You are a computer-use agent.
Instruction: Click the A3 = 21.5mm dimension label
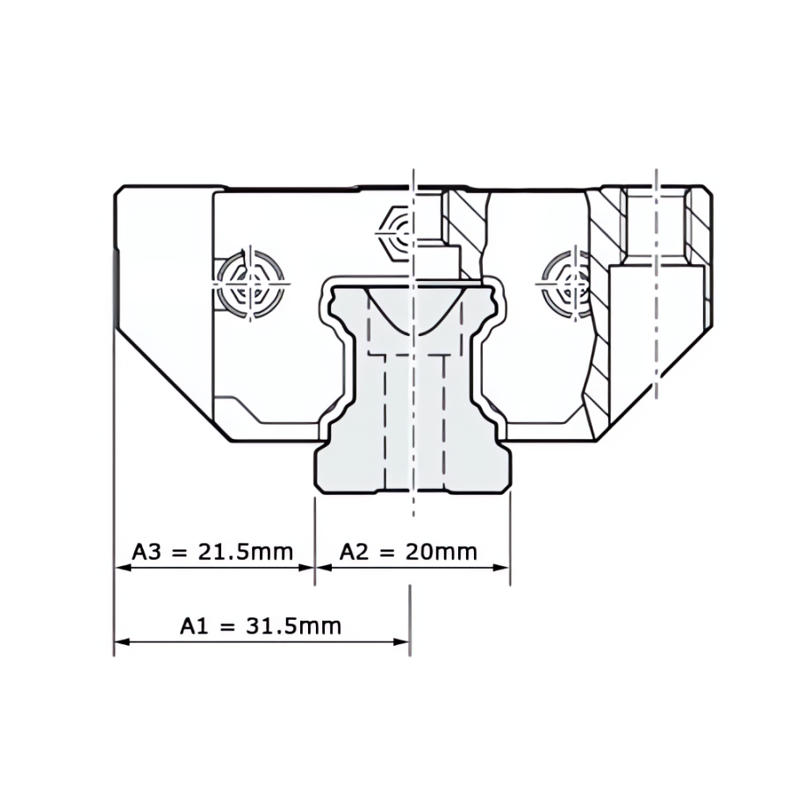212,552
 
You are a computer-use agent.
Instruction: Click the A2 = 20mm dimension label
408,552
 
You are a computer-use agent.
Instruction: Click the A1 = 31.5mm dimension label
261,626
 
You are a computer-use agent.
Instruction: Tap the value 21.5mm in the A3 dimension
246,552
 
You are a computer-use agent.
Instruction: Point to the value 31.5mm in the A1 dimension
294,626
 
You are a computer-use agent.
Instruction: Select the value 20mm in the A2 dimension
442,552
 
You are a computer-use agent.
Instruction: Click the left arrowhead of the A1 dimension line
122,642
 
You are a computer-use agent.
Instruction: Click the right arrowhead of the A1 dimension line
401,642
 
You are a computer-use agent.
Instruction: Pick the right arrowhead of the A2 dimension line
501,568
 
